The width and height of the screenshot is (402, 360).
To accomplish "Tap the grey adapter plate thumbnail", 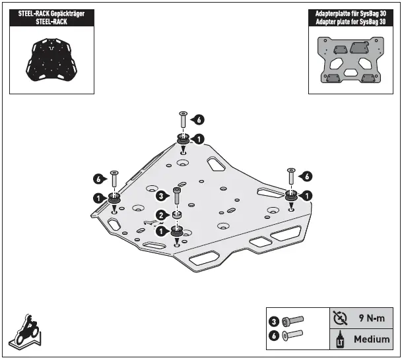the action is coord(351,61).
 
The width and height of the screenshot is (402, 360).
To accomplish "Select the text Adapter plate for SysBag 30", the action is coord(351,21).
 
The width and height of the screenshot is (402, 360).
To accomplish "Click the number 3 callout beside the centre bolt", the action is coord(160,195).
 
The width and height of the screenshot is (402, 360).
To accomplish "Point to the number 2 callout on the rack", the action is coord(160,214).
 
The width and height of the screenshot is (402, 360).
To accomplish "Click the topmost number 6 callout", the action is coord(199,119).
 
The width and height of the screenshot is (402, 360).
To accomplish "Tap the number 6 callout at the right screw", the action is coord(306,175).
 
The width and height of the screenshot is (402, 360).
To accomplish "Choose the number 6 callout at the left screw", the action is coord(98,178).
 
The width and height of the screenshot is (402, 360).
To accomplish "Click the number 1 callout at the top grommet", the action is coord(199,138).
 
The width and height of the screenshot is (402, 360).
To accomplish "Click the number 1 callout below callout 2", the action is coord(160,231).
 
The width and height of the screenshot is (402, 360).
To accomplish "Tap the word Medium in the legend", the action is coord(372,340).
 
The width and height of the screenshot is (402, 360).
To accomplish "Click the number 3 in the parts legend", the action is coord(273,321).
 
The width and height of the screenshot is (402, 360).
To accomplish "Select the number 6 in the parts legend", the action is coord(273,335).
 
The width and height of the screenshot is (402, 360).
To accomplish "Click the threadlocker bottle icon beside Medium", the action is coord(341,340).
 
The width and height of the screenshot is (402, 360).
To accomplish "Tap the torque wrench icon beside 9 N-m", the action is coord(341,318).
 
